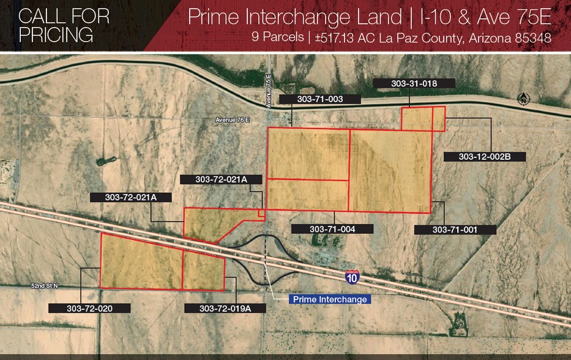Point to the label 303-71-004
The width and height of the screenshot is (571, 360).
[332, 229]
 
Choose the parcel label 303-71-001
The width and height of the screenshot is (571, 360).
[455, 230]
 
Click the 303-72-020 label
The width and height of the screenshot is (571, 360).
[89, 308]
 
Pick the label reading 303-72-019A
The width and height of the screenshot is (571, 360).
[225, 308]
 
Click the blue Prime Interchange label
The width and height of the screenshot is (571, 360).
[330, 299]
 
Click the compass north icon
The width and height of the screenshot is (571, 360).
[523, 99]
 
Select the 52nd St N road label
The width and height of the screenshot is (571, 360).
[46, 285]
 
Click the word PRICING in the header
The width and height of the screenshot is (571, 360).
[56, 34]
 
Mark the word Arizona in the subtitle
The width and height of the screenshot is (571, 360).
[489, 37]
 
